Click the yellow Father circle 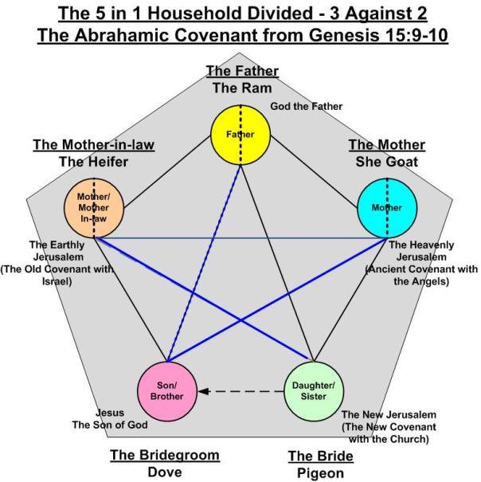239,134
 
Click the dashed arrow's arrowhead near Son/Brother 204,391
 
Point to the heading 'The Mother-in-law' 93,144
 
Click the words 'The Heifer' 93,162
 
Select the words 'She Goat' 386,162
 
